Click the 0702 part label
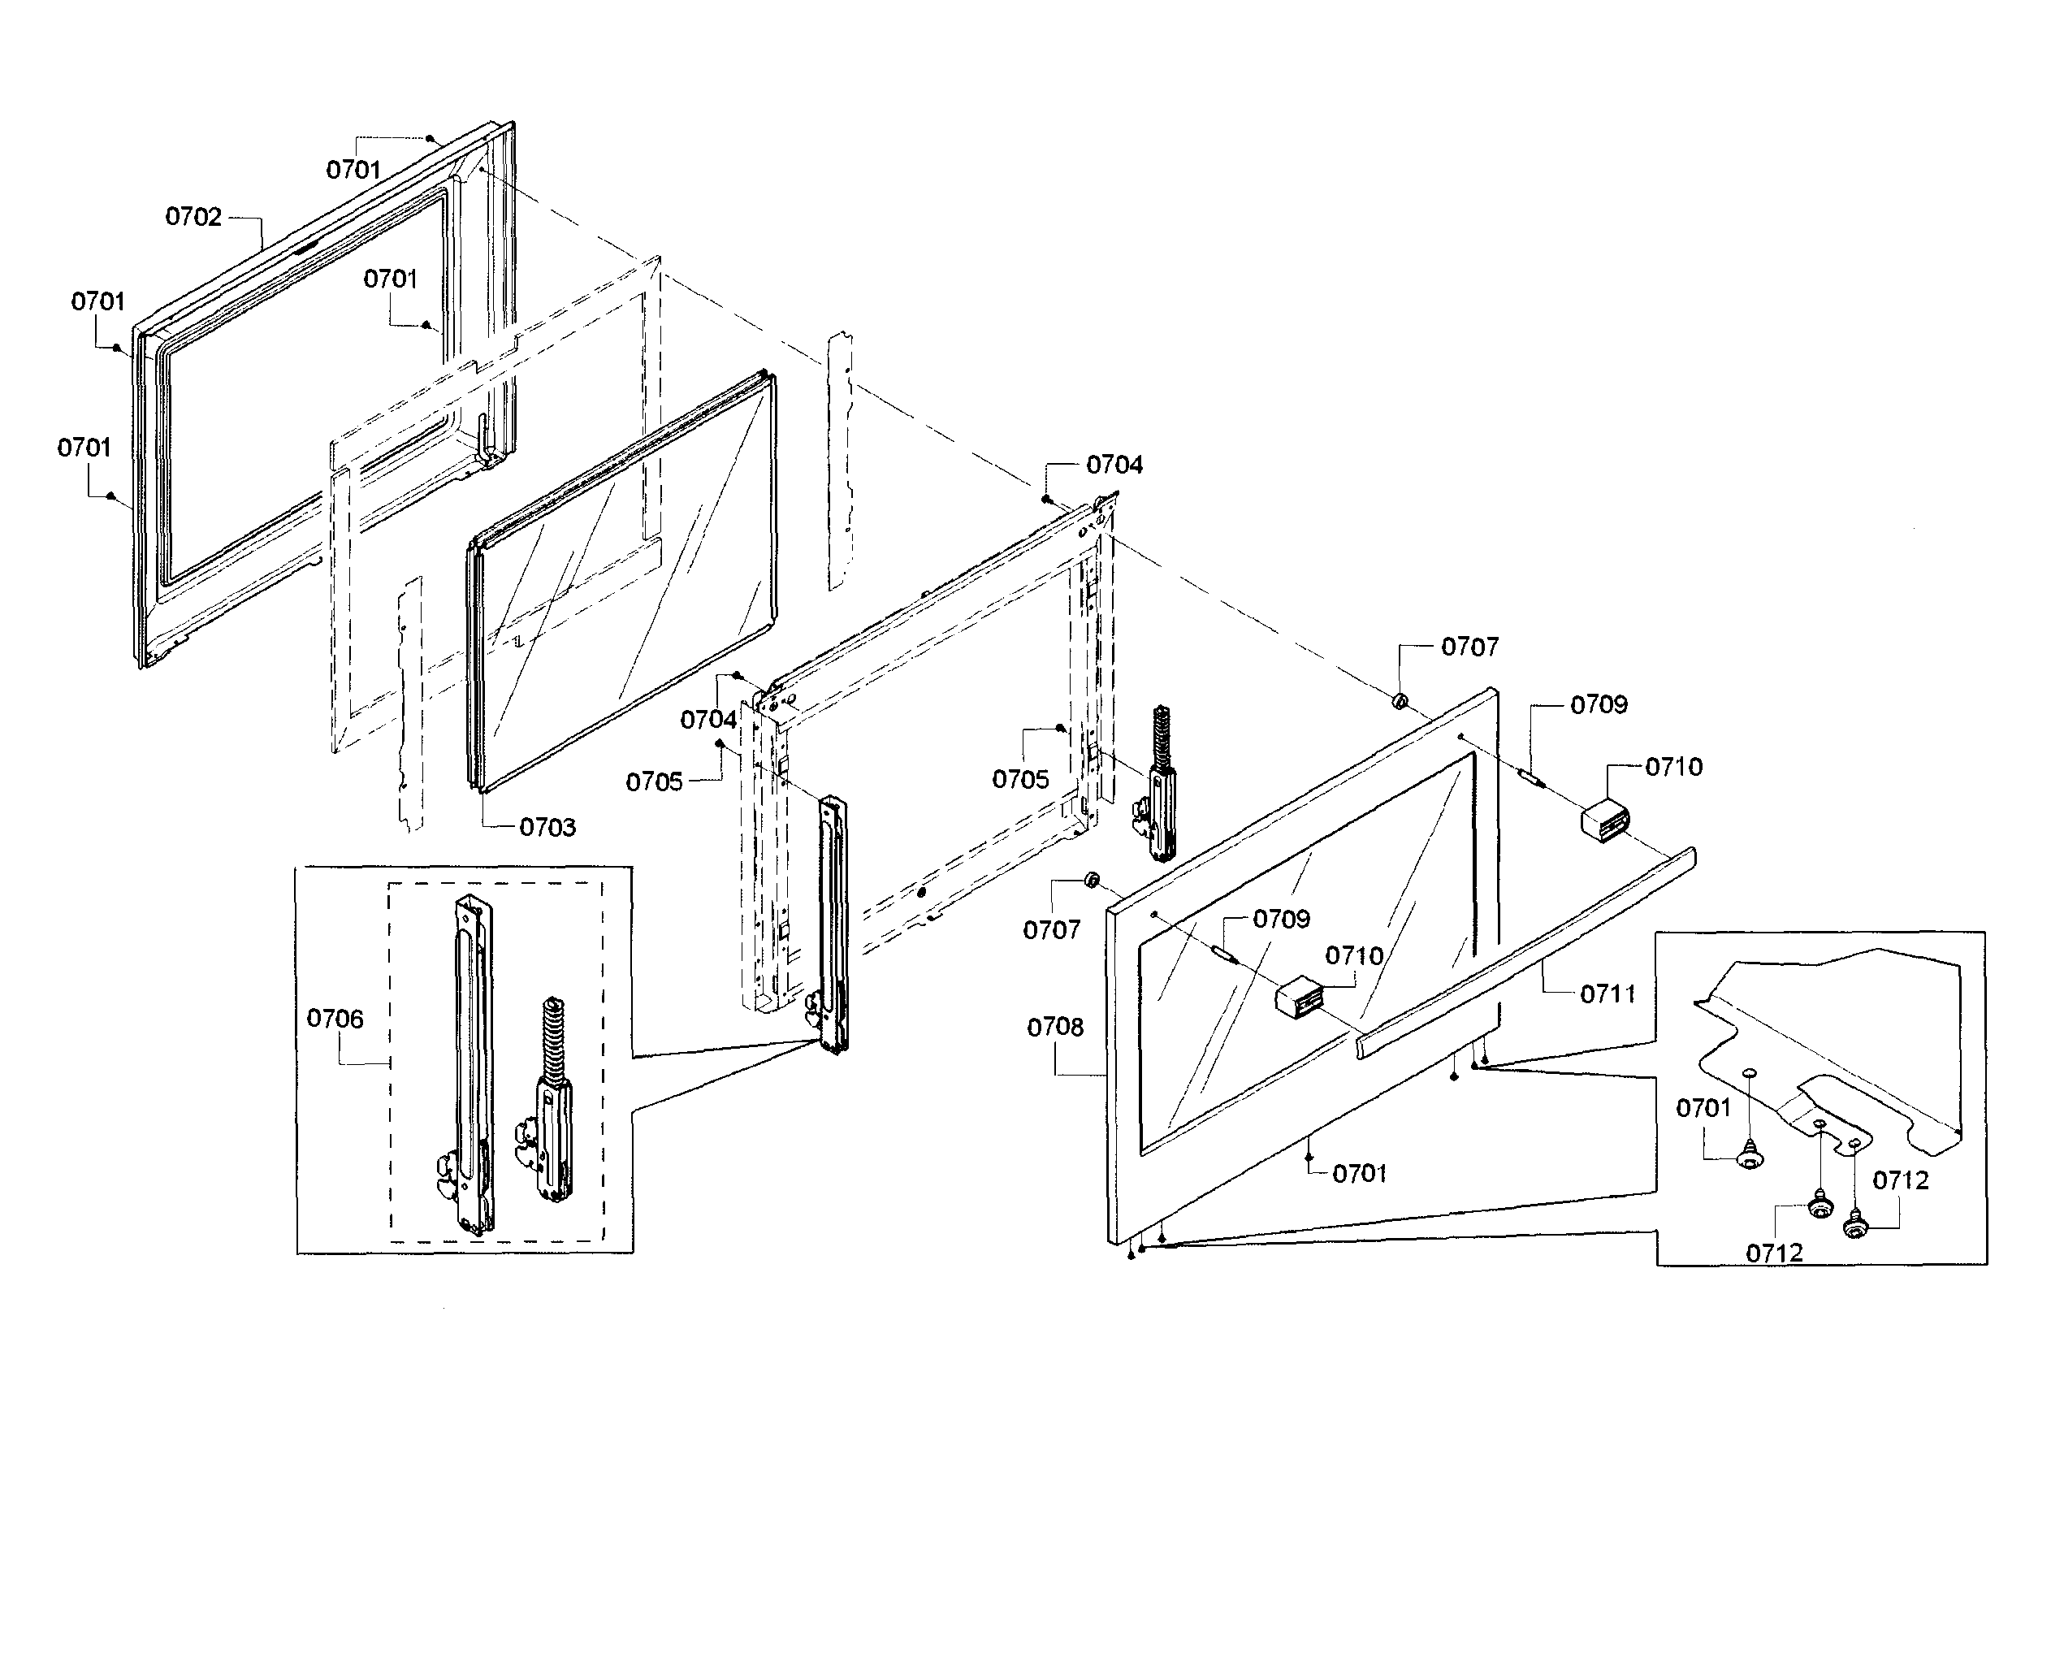[193, 217]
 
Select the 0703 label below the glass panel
[547, 827]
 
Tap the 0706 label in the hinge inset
[335, 1019]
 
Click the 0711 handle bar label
[1608, 994]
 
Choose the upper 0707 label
[1469, 647]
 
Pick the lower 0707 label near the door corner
[1051, 929]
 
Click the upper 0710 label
[1673, 767]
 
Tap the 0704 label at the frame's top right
[1114, 465]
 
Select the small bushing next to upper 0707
[1399, 703]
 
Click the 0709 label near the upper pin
[1599, 705]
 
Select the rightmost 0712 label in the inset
[1900, 1180]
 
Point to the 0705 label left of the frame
[655, 782]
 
